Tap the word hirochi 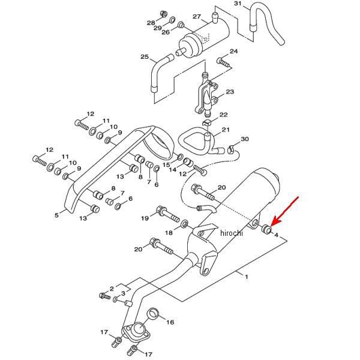(231, 233)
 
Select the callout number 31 (239, 4)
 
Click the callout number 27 (197, 17)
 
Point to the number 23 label (230, 92)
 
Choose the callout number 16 (170, 322)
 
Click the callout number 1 (247, 277)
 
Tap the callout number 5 (56, 215)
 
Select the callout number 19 (145, 218)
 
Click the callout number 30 (245, 139)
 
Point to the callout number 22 (223, 115)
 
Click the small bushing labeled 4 (267, 229)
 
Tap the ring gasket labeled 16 (153, 314)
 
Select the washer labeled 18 (185, 224)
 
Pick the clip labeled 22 (206, 123)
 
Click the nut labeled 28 (164, 14)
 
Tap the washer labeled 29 (172, 20)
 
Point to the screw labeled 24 (223, 62)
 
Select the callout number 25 (145, 56)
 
